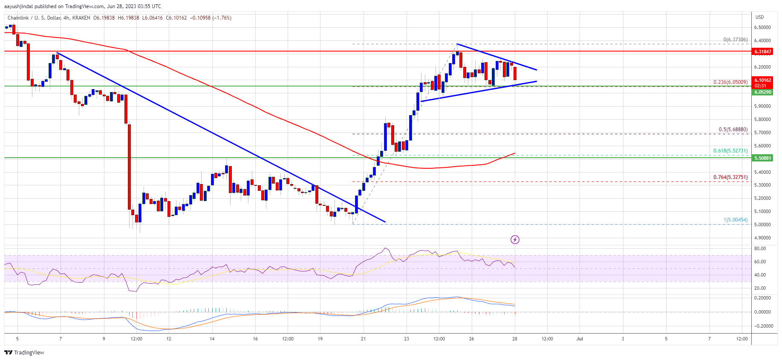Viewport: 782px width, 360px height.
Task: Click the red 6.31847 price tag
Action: (x=762, y=52)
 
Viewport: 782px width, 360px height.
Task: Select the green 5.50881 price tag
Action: (x=762, y=158)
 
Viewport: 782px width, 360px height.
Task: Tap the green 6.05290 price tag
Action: (x=762, y=92)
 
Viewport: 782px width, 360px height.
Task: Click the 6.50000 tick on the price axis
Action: (x=762, y=27)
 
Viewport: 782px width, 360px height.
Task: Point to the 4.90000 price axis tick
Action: (x=762, y=238)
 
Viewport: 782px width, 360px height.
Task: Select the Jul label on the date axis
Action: (x=580, y=339)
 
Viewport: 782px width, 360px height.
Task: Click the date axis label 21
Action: (x=363, y=339)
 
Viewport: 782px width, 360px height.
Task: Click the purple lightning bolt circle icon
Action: (x=515, y=239)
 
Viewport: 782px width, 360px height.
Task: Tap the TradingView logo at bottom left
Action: (x=24, y=352)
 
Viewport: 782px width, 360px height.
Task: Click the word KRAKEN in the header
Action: (x=81, y=18)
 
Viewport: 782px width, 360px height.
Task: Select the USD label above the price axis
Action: (x=759, y=17)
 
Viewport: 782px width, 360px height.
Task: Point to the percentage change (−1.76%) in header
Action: (x=222, y=18)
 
